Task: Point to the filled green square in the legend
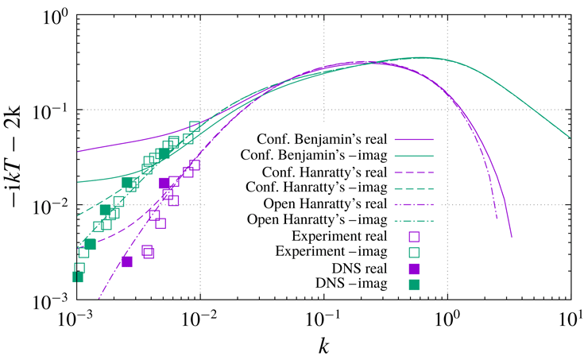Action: [413, 284]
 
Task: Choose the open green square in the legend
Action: [413, 252]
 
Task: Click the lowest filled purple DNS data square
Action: [126, 261]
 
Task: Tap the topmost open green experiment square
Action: [195, 126]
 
